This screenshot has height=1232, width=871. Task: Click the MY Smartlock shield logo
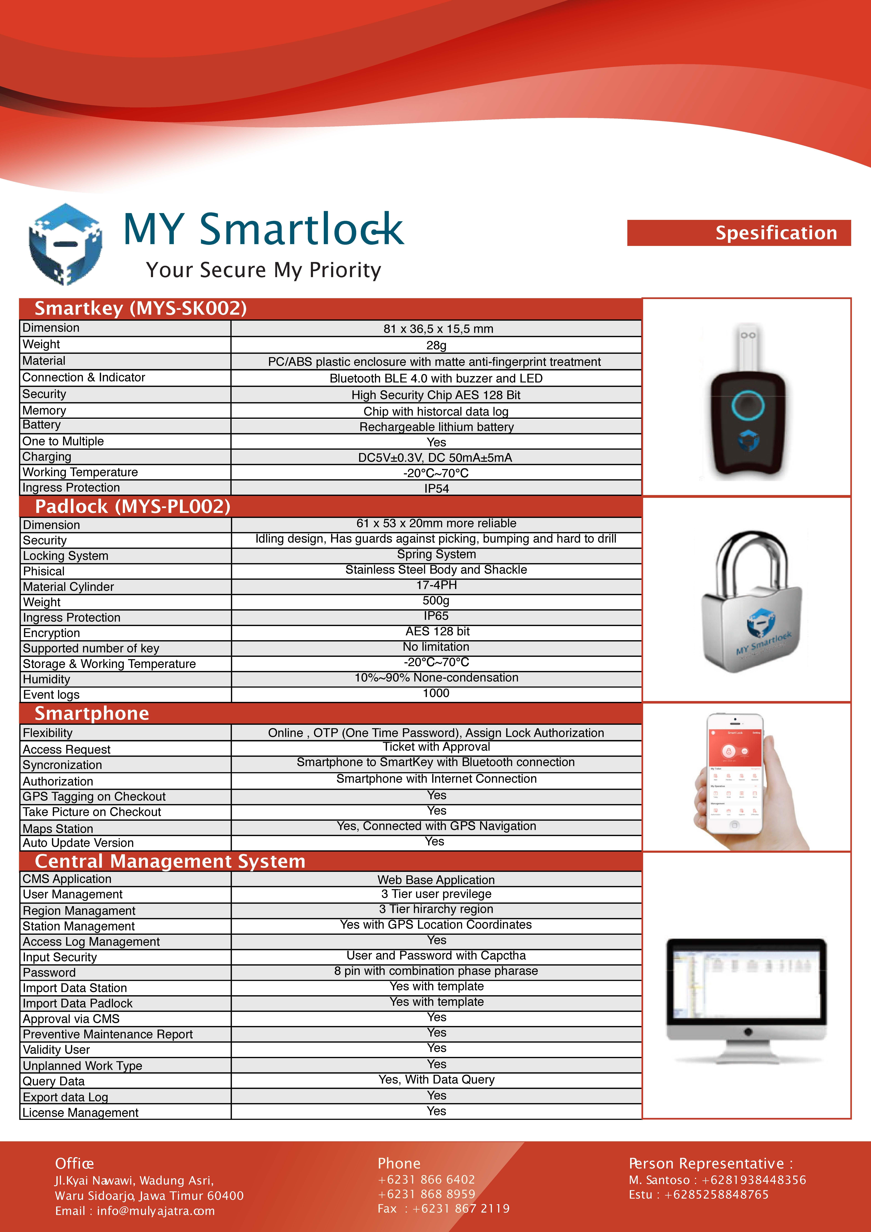coord(65,244)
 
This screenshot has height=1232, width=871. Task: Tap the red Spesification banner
coord(738,233)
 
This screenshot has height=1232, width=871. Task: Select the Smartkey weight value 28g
coord(436,345)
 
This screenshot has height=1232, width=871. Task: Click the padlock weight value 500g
coord(436,600)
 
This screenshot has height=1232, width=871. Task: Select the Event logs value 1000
coord(436,693)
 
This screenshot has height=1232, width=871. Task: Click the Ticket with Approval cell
coord(436,747)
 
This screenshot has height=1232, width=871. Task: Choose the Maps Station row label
coord(58,828)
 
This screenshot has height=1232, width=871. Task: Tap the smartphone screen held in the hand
coord(735,773)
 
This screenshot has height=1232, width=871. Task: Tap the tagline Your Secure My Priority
coord(263,270)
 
